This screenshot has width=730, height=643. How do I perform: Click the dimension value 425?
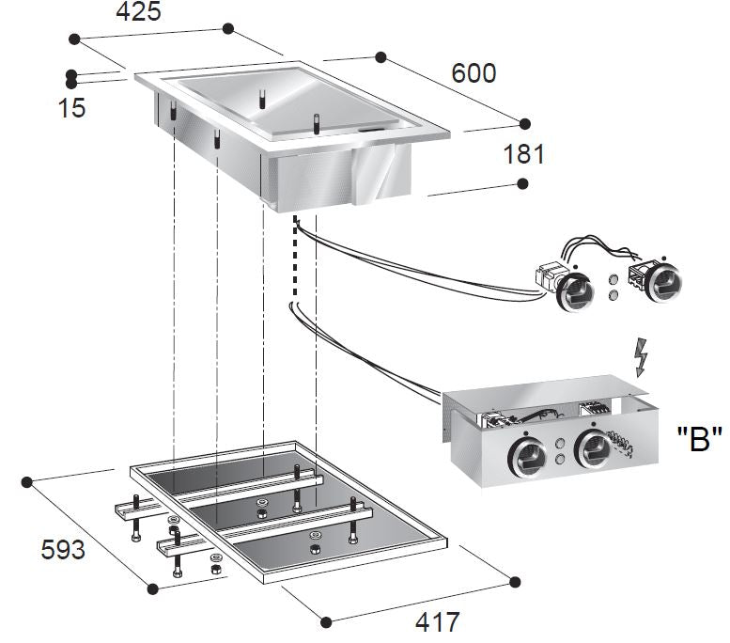[x=138, y=12]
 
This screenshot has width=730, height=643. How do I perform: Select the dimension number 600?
[x=474, y=72]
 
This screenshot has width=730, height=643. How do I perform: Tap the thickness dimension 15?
[x=71, y=107]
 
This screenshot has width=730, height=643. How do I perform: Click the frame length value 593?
[x=62, y=549]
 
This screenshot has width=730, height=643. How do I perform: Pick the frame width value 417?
[x=437, y=621]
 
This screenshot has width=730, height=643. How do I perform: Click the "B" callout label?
[x=699, y=439]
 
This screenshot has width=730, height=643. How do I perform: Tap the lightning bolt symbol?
[x=643, y=356]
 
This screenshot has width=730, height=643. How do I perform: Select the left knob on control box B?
[x=527, y=455]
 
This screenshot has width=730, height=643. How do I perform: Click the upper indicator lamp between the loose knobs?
[x=613, y=279]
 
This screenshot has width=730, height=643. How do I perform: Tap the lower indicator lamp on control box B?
[x=561, y=459]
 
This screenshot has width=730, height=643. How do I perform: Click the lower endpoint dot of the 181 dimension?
[x=524, y=182]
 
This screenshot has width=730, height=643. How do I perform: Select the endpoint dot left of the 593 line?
[x=27, y=481]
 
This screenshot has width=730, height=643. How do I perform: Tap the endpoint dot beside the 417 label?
[x=326, y=621]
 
